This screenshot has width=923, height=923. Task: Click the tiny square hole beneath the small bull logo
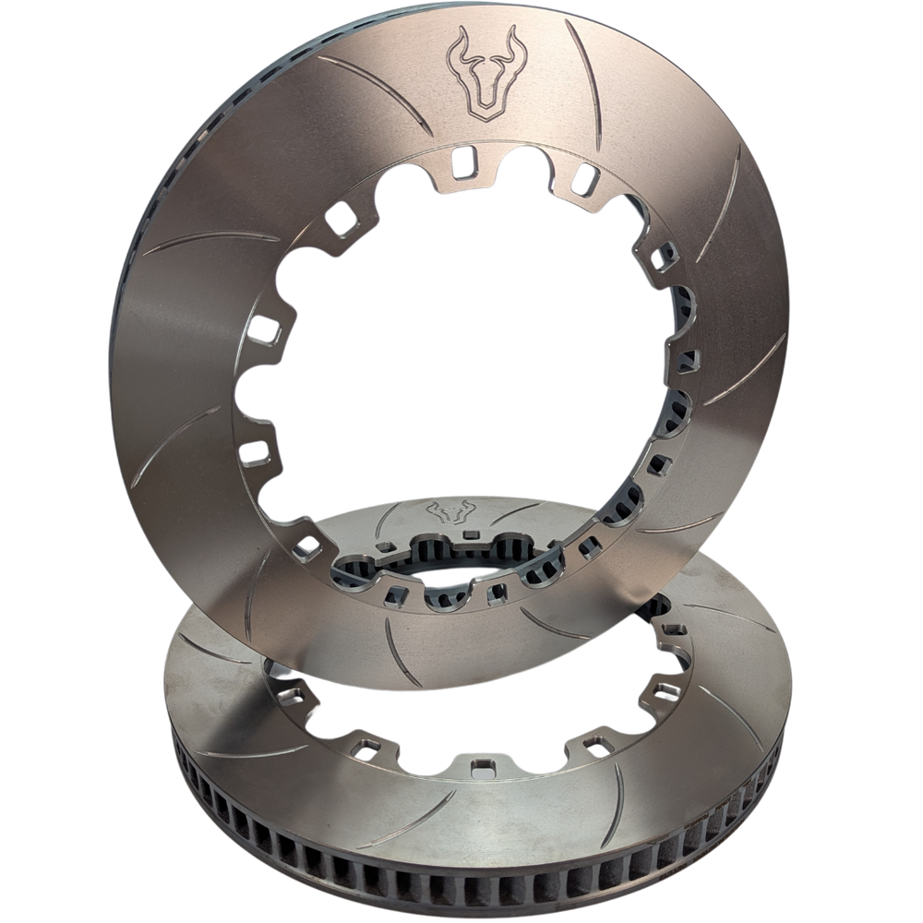pyautogui.click(x=470, y=534)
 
